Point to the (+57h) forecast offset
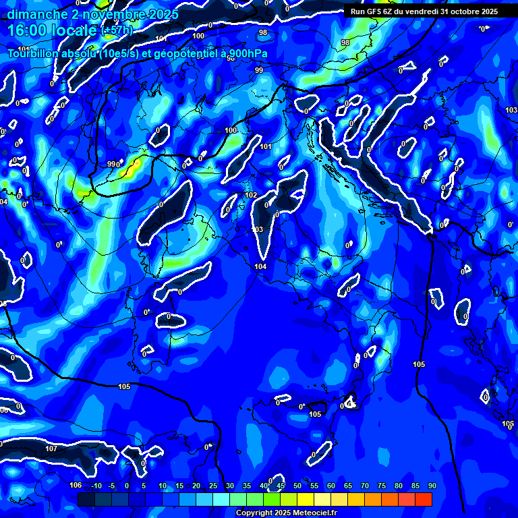pyautogui.click(x=117, y=31)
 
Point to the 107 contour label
pyautogui.click(x=51, y=449)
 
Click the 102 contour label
pyautogui.click(x=251, y=195)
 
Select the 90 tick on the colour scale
pyautogui.click(x=432, y=486)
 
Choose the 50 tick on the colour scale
pyautogui.click(x=297, y=486)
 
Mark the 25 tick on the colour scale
pyautogui.click(x=213, y=486)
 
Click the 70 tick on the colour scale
pyautogui.click(x=365, y=486)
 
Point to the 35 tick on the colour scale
pyautogui.click(x=247, y=486)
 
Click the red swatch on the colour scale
pyautogui.click(x=424, y=499)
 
